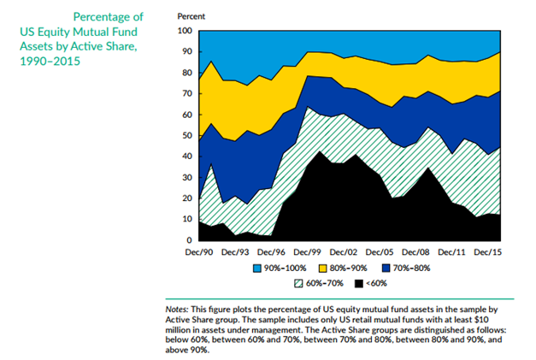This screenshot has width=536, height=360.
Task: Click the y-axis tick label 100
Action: (183, 31)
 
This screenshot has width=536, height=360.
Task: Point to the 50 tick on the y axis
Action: (186, 135)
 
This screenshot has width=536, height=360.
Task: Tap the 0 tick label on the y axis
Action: (188, 240)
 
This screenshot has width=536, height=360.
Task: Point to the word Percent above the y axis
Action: (191, 16)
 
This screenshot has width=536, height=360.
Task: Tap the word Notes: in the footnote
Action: (180, 308)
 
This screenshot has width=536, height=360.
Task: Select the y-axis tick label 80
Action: (186, 73)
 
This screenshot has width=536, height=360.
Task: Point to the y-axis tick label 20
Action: (186, 198)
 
